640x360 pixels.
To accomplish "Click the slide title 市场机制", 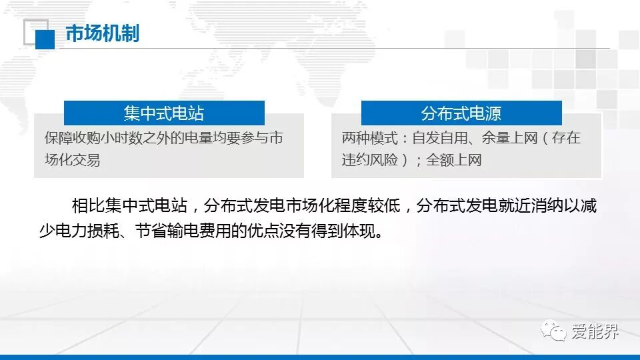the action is [103, 33].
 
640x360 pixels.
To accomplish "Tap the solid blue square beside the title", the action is [45, 40].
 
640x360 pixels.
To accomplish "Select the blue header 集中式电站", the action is [164, 113].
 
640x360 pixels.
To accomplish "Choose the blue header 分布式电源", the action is [461, 113].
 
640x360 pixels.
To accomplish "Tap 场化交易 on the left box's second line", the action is [72, 160].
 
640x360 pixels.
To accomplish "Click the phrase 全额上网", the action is [454, 160].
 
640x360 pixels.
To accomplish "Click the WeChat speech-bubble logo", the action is [553, 330].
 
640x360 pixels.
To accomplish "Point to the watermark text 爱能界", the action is [595, 331].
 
